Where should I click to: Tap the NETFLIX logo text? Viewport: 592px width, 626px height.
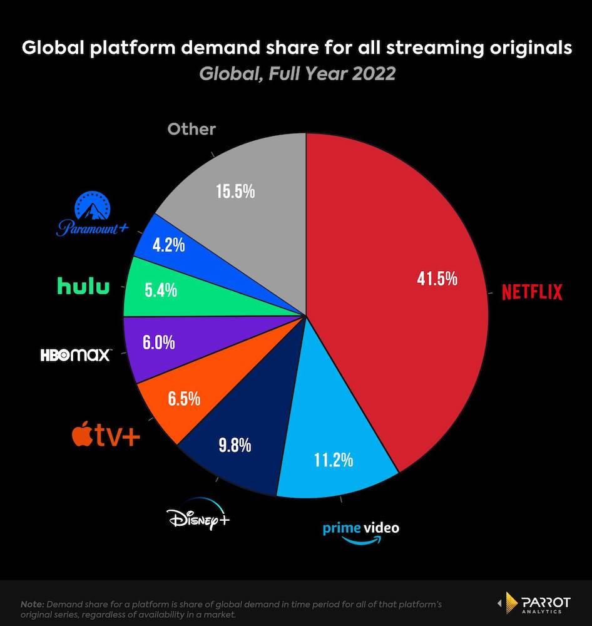[532, 292]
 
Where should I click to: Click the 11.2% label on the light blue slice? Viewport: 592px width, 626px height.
[333, 461]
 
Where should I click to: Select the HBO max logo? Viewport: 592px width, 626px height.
[76, 355]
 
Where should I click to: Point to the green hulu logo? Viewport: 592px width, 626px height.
[83, 287]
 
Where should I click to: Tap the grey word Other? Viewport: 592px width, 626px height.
[191, 130]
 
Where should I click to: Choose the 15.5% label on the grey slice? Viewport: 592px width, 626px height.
[236, 191]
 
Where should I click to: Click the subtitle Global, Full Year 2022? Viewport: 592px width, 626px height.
[297, 73]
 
